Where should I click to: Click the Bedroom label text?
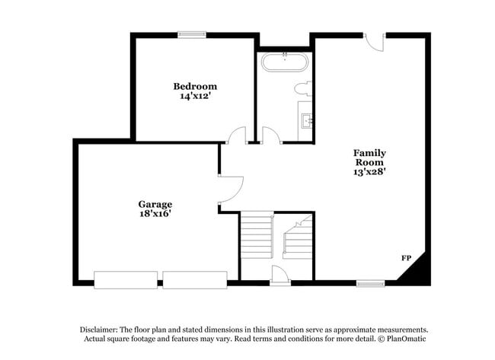pos(194,87)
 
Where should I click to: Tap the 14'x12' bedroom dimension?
pos(194,97)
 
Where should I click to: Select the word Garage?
pos(155,204)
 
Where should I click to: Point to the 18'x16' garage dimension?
pos(155,214)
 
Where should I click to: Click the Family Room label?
pos(369,158)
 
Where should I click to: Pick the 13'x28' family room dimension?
pos(369,172)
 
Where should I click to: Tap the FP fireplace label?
pos(407,259)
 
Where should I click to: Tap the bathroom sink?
pos(306,119)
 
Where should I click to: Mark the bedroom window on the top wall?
pos(192,33)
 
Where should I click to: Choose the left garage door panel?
pos(126,279)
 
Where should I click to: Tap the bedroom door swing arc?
pos(237,135)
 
